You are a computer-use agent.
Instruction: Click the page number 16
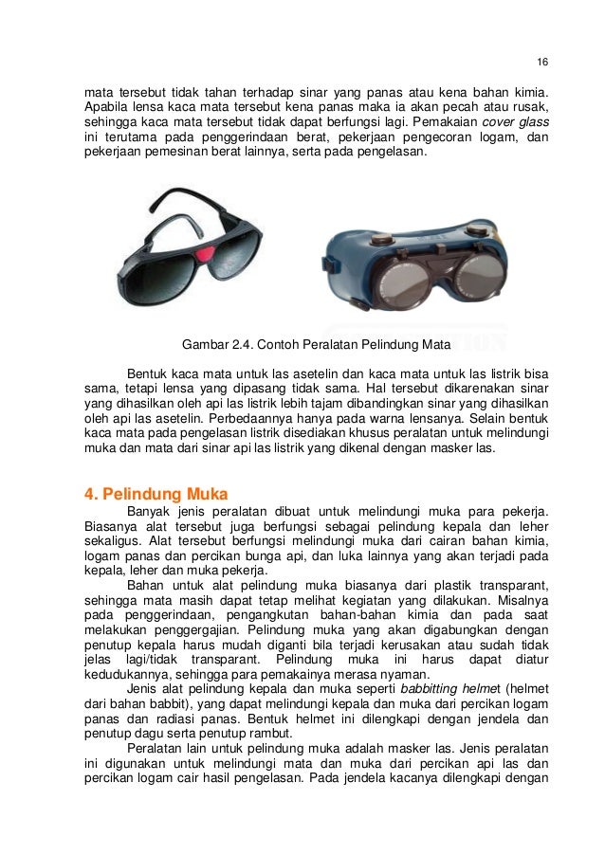pos(541,64)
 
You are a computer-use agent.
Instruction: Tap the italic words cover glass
pos(516,122)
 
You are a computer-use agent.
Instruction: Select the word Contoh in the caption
pos(280,343)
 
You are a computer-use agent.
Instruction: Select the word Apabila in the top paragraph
pos(107,108)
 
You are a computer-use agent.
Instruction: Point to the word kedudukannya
pos(126,700)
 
